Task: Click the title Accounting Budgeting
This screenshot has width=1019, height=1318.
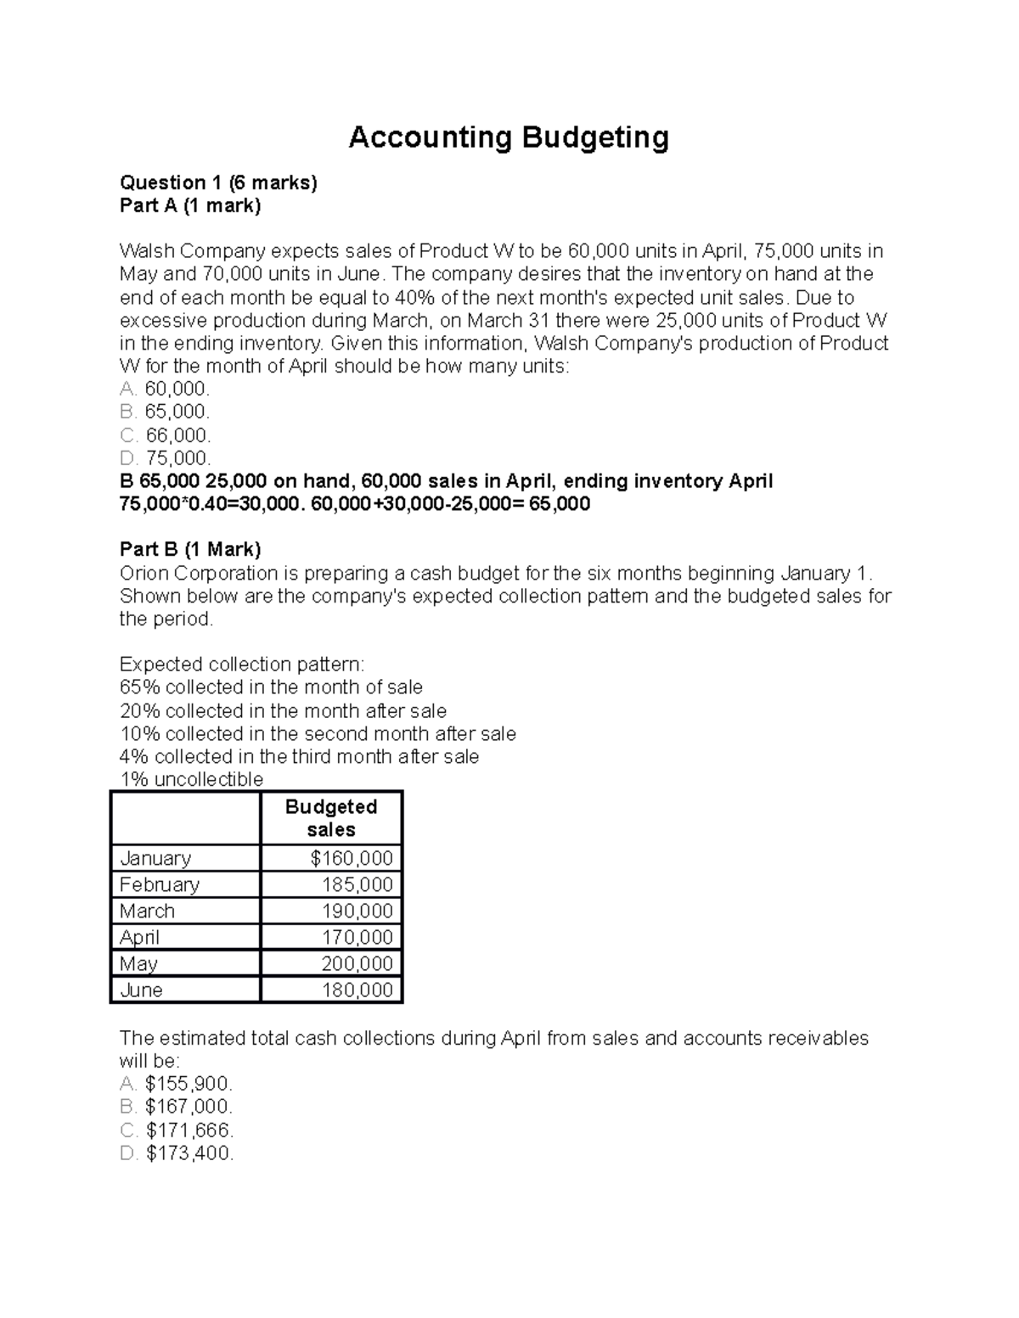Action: point(509,137)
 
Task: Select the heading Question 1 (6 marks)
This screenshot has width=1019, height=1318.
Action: point(218,182)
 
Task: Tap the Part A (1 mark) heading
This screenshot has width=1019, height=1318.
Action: point(190,205)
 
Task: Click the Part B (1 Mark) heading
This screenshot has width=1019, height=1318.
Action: point(190,549)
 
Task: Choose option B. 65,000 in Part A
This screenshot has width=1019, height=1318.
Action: point(165,412)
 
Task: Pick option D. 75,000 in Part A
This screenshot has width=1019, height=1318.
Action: point(165,458)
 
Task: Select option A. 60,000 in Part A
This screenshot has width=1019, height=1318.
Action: point(165,389)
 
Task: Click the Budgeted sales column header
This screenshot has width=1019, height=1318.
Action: point(331,818)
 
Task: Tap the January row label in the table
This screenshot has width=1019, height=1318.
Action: point(155,858)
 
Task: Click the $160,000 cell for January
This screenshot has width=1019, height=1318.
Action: point(352,858)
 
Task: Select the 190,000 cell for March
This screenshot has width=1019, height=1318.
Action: point(357,911)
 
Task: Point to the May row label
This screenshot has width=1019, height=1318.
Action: point(139,963)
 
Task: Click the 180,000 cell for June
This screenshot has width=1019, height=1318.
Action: point(357,990)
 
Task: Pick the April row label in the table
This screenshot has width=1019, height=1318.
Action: point(140,937)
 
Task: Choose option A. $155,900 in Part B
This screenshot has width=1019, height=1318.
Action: point(177,1084)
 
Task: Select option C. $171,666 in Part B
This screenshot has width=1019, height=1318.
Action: point(177,1130)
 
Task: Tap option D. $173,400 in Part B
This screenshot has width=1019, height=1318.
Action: point(177,1153)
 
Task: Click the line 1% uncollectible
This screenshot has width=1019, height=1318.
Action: point(192,779)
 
